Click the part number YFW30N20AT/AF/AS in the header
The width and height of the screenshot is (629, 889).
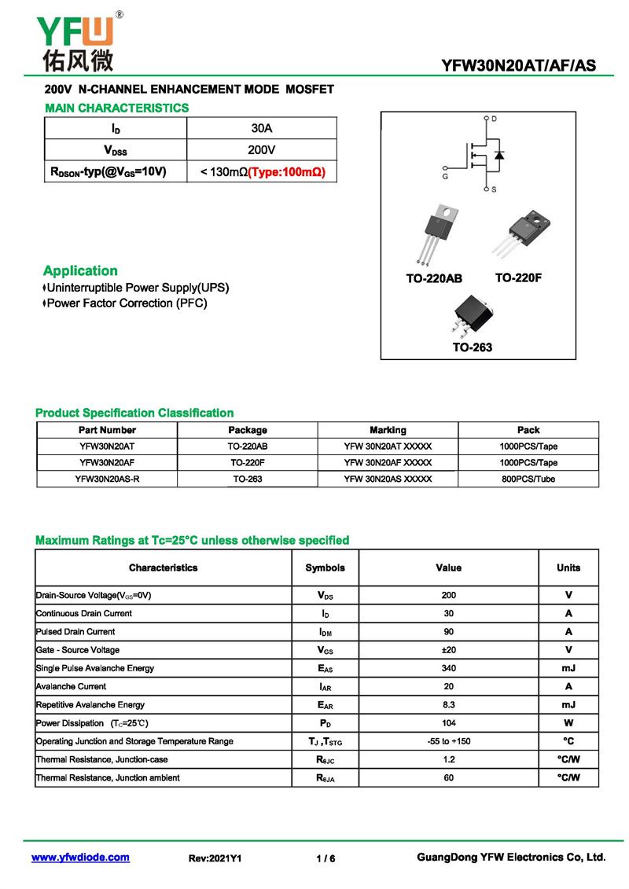pyautogui.click(x=519, y=66)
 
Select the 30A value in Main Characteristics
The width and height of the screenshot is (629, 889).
pyautogui.click(x=262, y=128)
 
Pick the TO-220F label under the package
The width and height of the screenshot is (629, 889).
pyautogui.click(x=518, y=278)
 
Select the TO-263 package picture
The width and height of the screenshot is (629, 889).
pyautogui.click(x=470, y=315)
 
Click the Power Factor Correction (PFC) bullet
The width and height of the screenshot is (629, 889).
pyautogui.click(x=126, y=303)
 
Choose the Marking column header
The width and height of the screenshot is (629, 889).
pyautogui.click(x=388, y=430)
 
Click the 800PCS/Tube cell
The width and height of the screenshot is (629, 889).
pyautogui.click(x=528, y=479)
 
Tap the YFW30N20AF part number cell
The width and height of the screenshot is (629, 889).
pyautogui.click(x=107, y=463)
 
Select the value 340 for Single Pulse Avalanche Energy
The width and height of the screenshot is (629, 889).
pyautogui.click(x=448, y=668)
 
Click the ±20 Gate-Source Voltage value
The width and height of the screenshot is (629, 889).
pyautogui.click(x=448, y=650)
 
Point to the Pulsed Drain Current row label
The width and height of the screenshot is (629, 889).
pyautogui.click(x=75, y=632)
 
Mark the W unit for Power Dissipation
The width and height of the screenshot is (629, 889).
pyautogui.click(x=568, y=723)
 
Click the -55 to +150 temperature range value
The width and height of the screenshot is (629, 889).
pyautogui.click(x=448, y=741)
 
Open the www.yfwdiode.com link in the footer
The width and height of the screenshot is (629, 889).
pyautogui.click(x=80, y=858)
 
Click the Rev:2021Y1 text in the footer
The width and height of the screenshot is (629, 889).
pyautogui.click(x=215, y=858)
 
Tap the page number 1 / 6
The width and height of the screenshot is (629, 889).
pyautogui.click(x=326, y=858)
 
